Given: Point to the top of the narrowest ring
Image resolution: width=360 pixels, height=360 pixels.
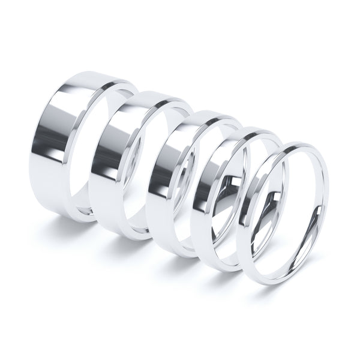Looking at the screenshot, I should pyautogui.click(x=297, y=145).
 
